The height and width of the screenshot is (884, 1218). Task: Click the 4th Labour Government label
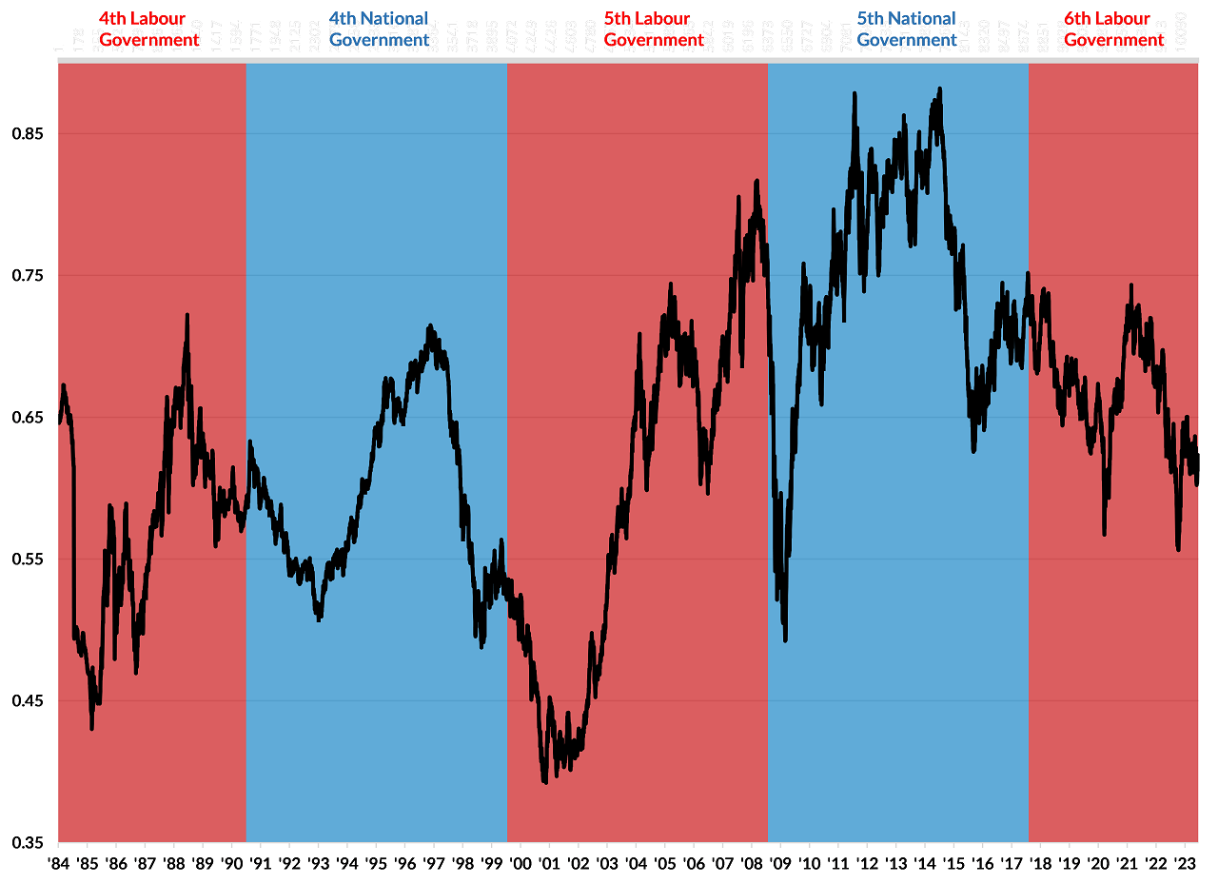pyautogui.click(x=149, y=29)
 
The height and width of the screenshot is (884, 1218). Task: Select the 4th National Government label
pyautogui.click(x=379, y=29)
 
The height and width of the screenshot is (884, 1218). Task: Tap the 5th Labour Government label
pyautogui.click(x=654, y=29)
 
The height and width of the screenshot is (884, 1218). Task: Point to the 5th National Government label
pyautogui.click(x=907, y=29)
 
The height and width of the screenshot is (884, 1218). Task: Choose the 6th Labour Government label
pyautogui.click(x=1113, y=29)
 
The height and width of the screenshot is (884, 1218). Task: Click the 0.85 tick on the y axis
pyautogui.click(x=29, y=134)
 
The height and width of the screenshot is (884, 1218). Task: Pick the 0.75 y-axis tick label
pyautogui.click(x=29, y=276)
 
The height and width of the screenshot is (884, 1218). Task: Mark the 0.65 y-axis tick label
pyautogui.click(x=29, y=418)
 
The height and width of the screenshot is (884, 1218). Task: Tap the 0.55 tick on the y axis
pyautogui.click(x=29, y=560)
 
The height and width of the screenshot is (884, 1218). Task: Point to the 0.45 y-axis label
pyautogui.click(x=29, y=701)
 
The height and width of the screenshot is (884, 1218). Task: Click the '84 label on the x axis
pyautogui.click(x=58, y=864)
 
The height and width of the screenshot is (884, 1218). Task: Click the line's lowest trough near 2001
pyautogui.click(x=544, y=782)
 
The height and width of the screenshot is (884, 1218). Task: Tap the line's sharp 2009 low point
pyautogui.click(x=785, y=640)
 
